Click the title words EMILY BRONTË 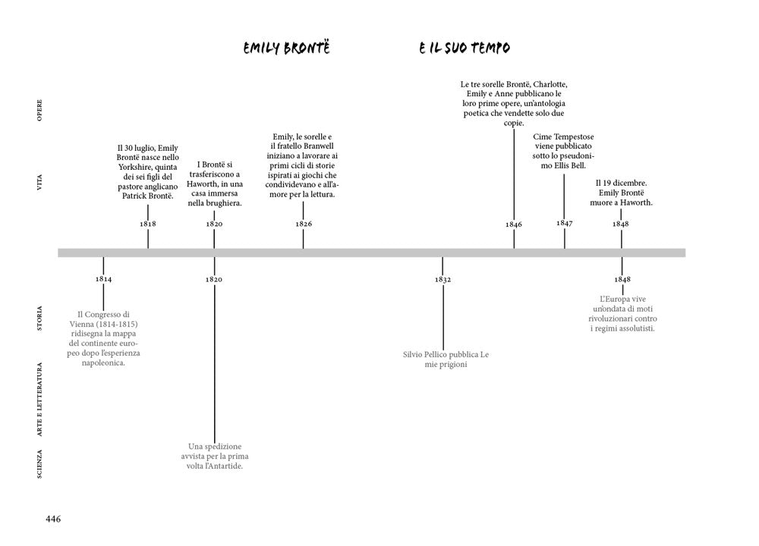(x=287, y=48)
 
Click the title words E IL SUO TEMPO (x=465, y=48)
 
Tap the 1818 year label (x=148, y=224)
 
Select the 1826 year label (x=304, y=224)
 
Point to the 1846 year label (x=514, y=224)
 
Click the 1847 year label (x=565, y=223)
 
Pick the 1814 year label (x=103, y=279)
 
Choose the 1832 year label (x=443, y=280)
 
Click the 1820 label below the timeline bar (x=214, y=280)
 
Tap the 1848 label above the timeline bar (x=621, y=224)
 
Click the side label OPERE (x=39, y=110)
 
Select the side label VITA (x=39, y=182)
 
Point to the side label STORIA (x=39, y=318)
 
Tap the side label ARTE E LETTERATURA (x=39, y=400)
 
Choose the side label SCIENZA (x=39, y=464)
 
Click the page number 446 (x=53, y=519)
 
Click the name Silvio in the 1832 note (x=413, y=354)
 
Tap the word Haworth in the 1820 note (x=201, y=184)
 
